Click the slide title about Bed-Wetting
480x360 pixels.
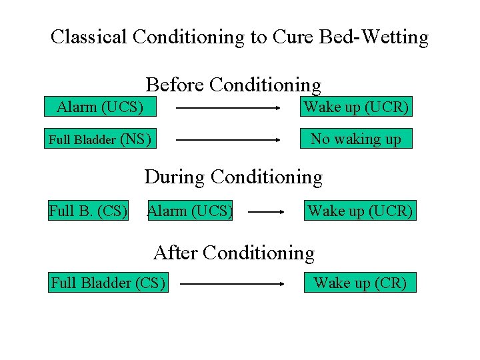pos(239,37)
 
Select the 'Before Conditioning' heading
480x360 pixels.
pos(233,85)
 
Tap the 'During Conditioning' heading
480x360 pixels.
pos(233,177)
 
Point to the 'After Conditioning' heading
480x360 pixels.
pos(233,253)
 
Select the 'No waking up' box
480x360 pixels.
pos(356,139)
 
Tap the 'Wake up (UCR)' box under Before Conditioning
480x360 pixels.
pos(356,107)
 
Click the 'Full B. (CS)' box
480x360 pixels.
pos(88,211)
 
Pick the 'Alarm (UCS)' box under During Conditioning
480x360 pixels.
pos(190,211)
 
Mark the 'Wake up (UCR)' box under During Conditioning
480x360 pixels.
pos(360,211)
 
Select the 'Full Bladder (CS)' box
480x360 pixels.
pos(108,283)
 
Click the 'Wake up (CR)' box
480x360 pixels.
pos(360,283)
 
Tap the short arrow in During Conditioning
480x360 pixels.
pos(267,213)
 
